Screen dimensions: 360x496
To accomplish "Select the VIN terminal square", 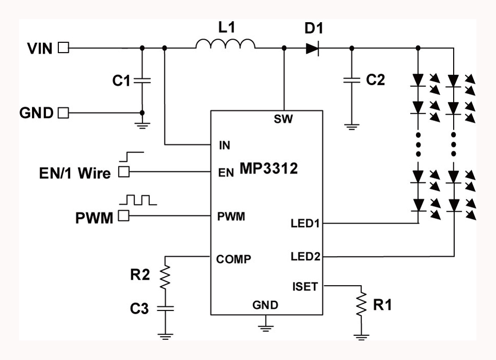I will [x=63, y=48].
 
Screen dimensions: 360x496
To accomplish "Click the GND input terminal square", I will [x=63, y=113].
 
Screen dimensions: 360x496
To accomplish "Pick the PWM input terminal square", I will [x=123, y=216].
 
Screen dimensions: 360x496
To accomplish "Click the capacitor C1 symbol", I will [x=142, y=80].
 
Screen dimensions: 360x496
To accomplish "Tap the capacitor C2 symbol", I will [x=352, y=80].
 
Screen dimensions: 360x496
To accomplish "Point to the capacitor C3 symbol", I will [x=165, y=308].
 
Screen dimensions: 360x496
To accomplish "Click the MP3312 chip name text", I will [x=268, y=168].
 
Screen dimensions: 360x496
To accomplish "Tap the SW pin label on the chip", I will [x=284, y=120].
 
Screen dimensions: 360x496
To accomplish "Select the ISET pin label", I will [x=304, y=286].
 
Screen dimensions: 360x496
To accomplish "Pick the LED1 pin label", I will [x=305, y=224].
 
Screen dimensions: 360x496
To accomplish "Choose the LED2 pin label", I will [x=305, y=256].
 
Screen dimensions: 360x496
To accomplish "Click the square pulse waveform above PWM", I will [x=137, y=200].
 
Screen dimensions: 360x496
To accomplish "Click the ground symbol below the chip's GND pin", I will [x=265, y=325].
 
